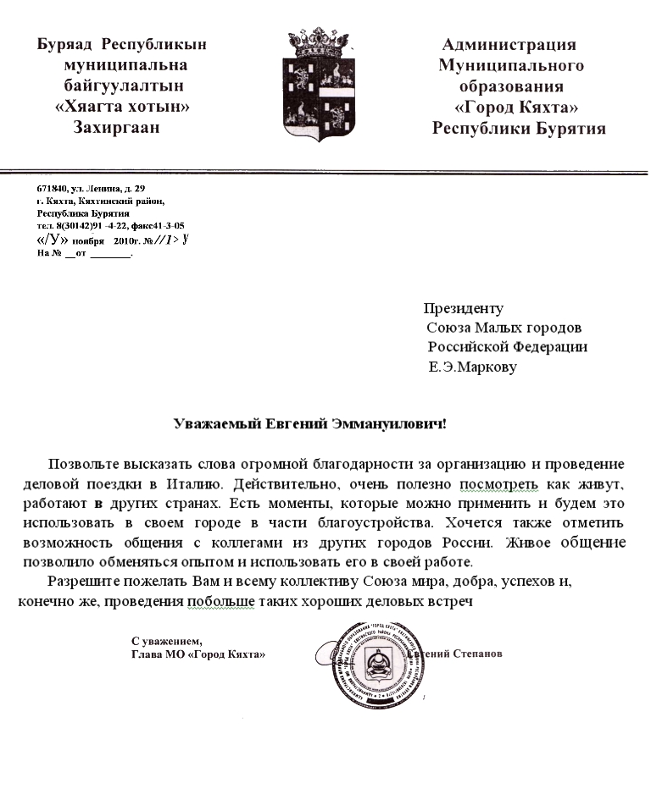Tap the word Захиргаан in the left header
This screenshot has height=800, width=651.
[117, 128]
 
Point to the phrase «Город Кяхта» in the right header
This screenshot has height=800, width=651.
[516, 108]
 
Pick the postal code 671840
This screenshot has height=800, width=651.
[52, 188]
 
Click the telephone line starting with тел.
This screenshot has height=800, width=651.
[110, 226]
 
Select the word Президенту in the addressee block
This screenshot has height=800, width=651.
[464, 309]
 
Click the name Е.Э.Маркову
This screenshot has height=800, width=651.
[472, 367]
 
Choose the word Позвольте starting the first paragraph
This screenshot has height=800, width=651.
[82, 464]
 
